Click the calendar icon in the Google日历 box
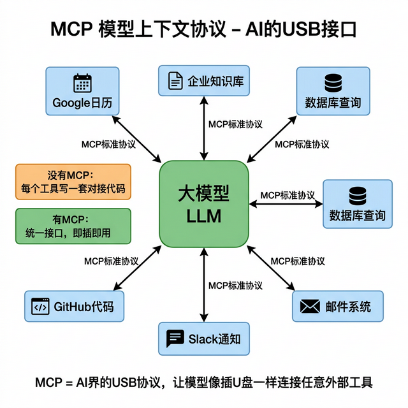coord(83,84)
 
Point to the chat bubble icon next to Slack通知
coord(175,338)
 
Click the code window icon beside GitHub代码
coord(40,307)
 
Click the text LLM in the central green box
coord(204,217)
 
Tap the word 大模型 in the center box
coord(204,194)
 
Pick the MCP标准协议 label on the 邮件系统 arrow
coord(298,261)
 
